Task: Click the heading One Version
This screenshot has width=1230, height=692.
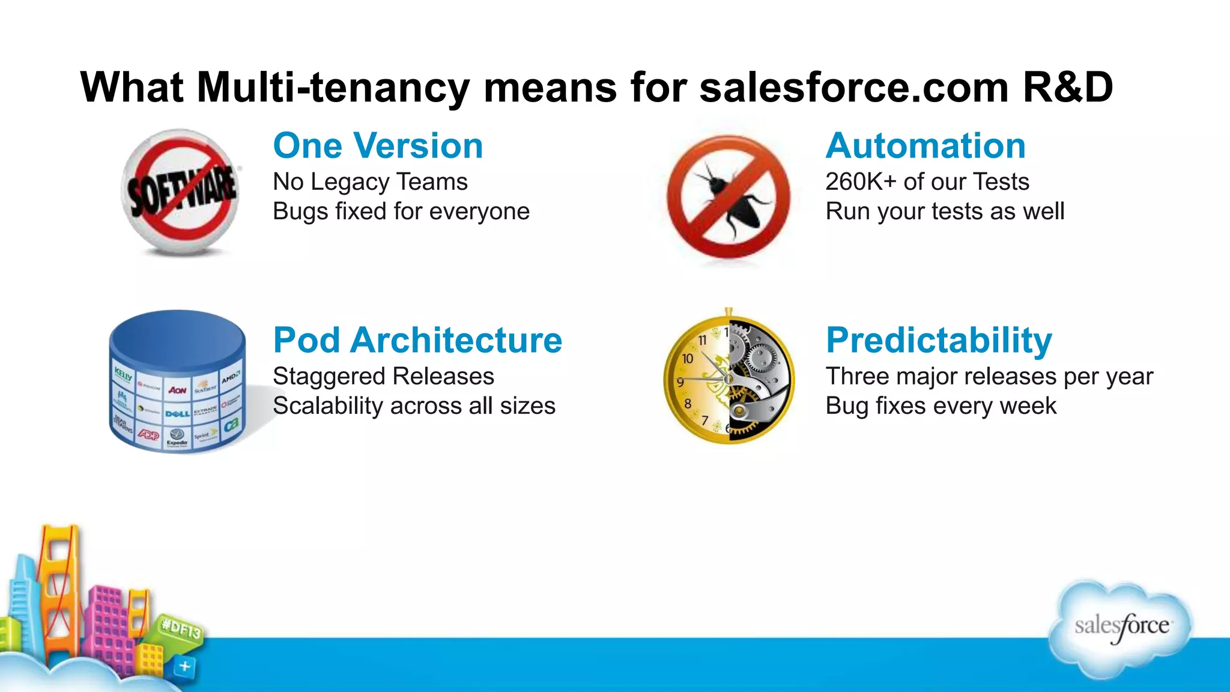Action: pyautogui.click(x=378, y=146)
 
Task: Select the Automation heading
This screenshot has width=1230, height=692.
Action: pyautogui.click(x=925, y=146)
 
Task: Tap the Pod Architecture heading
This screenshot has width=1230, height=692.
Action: pyautogui.click(x=417, y=341)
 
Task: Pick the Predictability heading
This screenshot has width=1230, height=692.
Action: pyautogui.click(x=938, y=341)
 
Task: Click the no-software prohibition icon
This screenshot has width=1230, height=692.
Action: pyautogui.click(x=181, y=192)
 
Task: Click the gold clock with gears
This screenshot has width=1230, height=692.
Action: pyautogui.click(x=729, y=378)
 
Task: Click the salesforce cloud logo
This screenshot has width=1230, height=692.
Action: pyautogui.click(x=1121, y=628)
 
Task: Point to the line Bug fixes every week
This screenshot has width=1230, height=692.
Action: pyautogui.click(x=941, y=406)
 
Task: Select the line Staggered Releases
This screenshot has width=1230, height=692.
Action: pyautogui.click(x=383, y=377)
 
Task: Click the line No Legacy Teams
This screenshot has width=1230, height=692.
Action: pyautogui.click(x=370, y=182)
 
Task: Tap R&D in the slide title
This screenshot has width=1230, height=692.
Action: pyautogui.click(x=1067, y=88)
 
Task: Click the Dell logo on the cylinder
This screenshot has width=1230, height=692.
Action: pyautogui.click(x=177, y=413)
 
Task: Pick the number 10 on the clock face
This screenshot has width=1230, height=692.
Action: pyautogui.click(x=688, y=359)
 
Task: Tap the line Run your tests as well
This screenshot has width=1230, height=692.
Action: pyautogui.click(x=944, y=211)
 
